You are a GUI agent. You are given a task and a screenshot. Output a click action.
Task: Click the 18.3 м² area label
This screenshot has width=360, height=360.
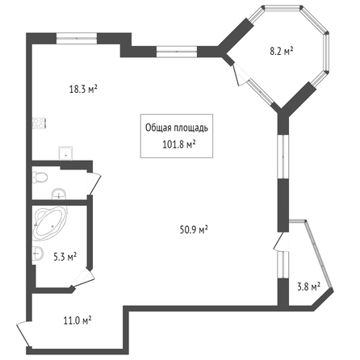tap(83, 89)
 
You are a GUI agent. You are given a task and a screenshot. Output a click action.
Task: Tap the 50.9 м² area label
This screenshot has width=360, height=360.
tap(194, 230)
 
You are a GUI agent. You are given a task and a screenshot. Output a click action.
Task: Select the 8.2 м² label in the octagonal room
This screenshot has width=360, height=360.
tap(282, 51)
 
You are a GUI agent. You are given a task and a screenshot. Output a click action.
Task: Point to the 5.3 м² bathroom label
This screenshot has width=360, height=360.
tap(65, 257)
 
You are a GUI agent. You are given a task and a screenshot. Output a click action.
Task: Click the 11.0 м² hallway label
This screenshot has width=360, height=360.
tap(77, 320)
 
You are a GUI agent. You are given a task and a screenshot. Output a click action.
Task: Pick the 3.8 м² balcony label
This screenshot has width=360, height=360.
tap(308, 287)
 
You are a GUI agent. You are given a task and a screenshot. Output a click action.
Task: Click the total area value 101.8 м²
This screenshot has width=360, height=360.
tap(178, 144)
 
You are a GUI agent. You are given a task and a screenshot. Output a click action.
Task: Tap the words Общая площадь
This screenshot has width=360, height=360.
tap(177, 128)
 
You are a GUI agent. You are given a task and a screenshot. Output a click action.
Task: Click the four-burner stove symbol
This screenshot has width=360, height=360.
tap(40, 123)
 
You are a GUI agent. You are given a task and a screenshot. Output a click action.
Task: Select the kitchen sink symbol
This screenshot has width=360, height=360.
tap(66, 153)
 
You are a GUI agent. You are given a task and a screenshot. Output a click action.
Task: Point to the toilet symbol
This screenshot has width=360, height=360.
tap(40, 177)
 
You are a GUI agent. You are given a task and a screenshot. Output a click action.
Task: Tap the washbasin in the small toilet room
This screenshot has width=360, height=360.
tap(59, 194)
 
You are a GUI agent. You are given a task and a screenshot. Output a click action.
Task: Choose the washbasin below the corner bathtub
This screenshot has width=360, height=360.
tap(38, 253)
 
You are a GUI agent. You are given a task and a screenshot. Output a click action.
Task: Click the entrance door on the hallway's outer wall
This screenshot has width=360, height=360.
tap(24, 334)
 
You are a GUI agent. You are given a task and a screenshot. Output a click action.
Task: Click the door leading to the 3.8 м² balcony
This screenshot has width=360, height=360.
tap(281, 241)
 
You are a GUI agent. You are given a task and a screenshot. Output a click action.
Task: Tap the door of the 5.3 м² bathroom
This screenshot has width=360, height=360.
tap(83, 278)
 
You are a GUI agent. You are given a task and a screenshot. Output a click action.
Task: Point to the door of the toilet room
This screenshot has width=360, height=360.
tap(94, 184)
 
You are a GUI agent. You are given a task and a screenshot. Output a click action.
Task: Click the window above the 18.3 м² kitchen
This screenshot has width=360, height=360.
tap(77, 39)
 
